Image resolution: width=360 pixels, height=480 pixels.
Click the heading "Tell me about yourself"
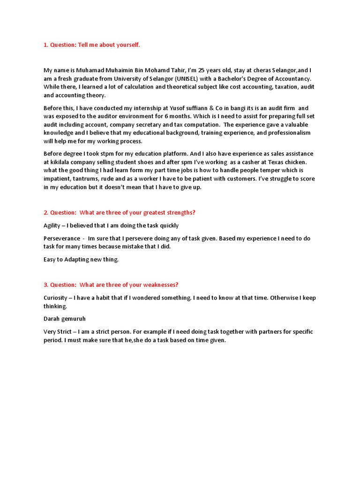92,45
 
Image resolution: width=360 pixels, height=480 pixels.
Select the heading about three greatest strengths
120,212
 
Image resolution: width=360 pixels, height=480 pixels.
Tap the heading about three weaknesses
111,285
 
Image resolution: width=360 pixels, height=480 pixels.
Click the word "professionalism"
287,133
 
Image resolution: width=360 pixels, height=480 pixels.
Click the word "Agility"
52,225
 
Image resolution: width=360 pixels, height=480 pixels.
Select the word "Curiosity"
56,298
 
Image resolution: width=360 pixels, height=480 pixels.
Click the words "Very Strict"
58,332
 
